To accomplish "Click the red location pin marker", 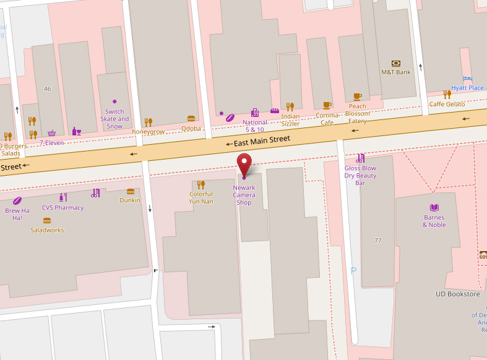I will click(244, 164).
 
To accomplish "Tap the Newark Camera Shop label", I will click(244, 195).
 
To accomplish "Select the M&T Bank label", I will click(395, 72).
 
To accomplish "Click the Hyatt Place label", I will click(467, 88).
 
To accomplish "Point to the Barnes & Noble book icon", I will click(434, 207).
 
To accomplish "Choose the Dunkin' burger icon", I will click(130, 192).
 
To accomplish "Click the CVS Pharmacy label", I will click(62, 208).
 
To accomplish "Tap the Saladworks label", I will click(47, 230).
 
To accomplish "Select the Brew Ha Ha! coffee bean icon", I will click(17, 200).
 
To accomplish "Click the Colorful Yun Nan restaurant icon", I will click(200, 184).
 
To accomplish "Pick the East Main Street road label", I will click(262, 141).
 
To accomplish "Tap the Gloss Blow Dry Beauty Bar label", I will click(360, 176).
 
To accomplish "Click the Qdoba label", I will click(191, 129).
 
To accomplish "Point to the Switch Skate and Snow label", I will click(114, 119).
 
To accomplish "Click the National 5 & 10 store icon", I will click(254, 113).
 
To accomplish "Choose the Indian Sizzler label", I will click(290, 120).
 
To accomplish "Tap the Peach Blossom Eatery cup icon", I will click(357, 96).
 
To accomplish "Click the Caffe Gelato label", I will click(447, 105).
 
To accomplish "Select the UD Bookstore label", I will click(457, 294).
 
